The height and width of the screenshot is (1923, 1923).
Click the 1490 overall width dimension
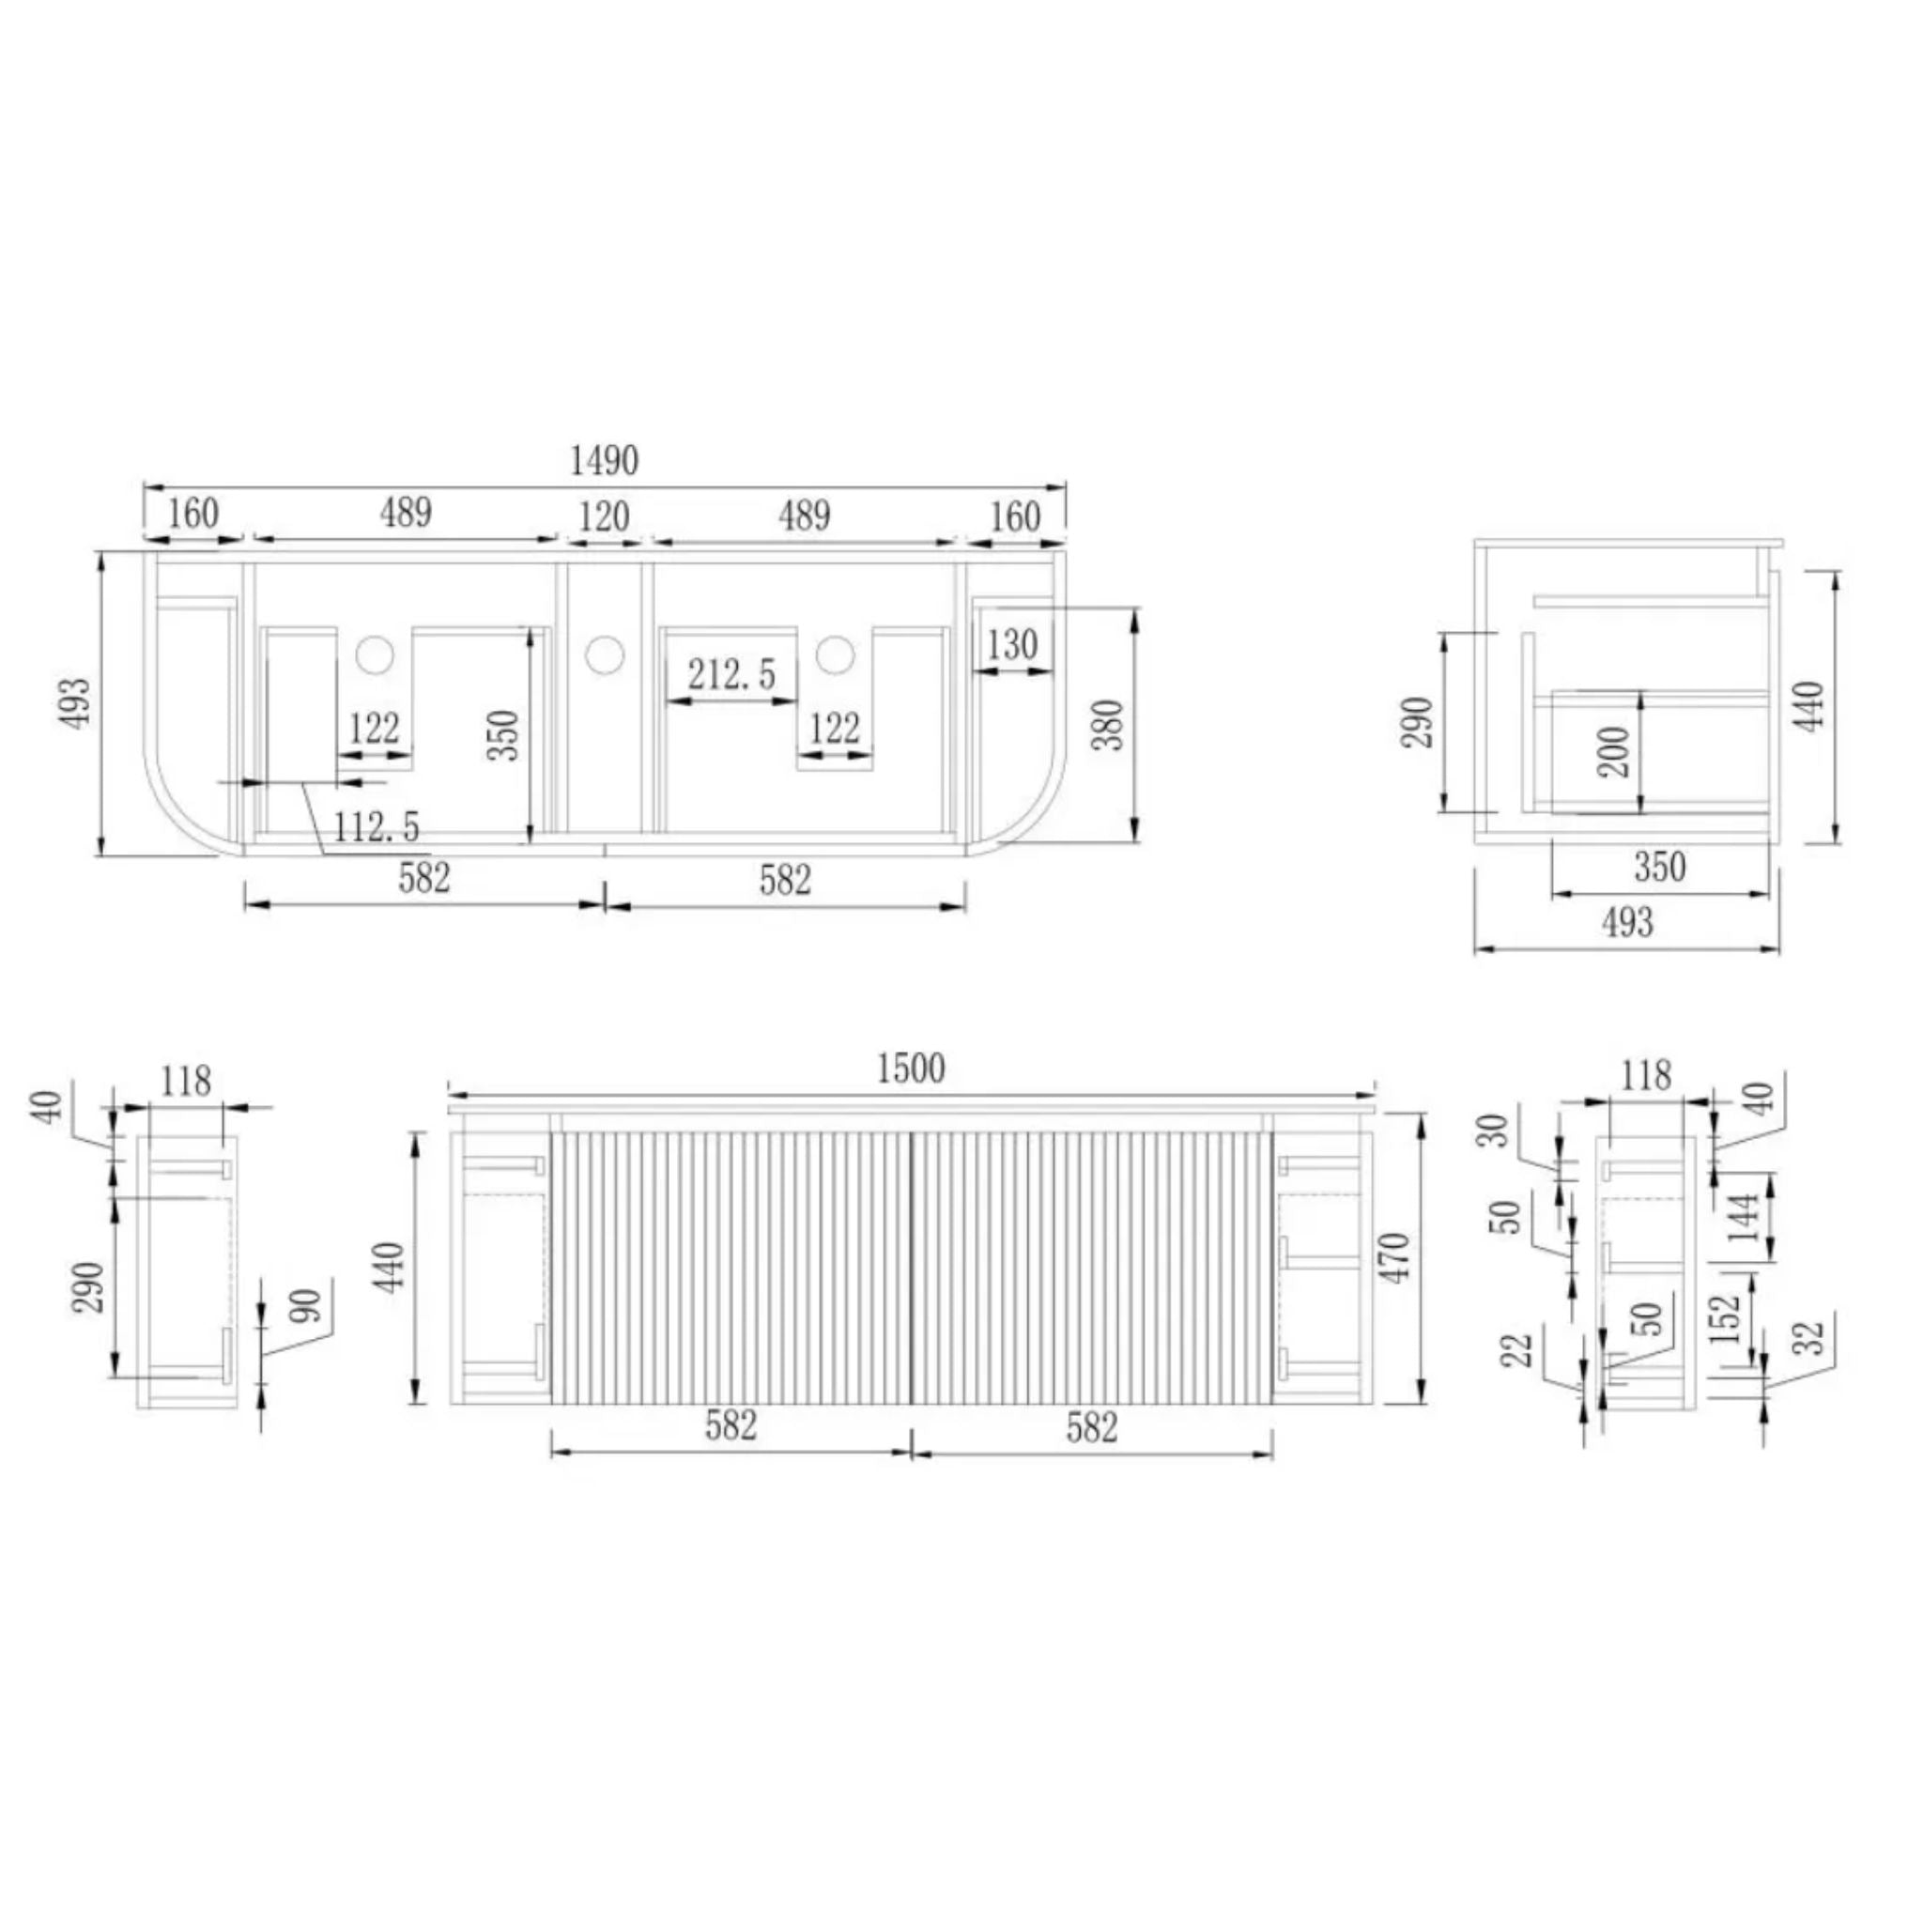point(604,461)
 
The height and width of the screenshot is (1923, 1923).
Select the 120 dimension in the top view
point(604,516)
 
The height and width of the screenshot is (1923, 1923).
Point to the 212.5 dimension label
point(731,675)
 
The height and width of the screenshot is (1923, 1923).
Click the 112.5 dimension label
point(377,826)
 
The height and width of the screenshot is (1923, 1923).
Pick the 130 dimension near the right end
point(1012,645)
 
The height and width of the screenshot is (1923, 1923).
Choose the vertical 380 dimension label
point(1108,725)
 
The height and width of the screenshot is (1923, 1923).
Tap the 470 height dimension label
point(1396,1257)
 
